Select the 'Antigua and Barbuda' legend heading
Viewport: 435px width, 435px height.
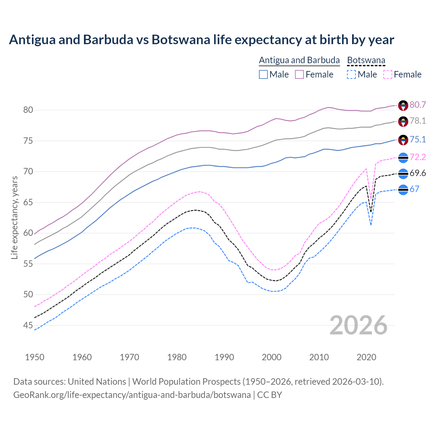[x=299, y=60]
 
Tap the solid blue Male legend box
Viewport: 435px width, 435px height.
[x=263, y=74]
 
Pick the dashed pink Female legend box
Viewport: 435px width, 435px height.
[x=387, y=74]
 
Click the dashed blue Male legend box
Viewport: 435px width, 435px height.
[x=351, y=74]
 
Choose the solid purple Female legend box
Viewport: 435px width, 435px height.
[x=299, y=74]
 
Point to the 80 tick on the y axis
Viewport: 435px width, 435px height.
[x=28, y=110]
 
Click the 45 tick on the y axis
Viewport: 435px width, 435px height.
[x=28, y=325]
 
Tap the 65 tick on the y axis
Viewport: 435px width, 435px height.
[x=28, y=202]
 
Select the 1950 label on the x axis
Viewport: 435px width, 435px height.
[x=35, y=357]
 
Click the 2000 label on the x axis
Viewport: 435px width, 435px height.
[x=272, y=357]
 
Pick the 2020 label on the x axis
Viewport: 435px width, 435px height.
[x=366, y=357]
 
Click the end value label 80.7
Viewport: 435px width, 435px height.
[x=418, y=105]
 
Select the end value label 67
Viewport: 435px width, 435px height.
[x=414, y=189]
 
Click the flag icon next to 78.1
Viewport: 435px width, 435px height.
[x=403, y=121]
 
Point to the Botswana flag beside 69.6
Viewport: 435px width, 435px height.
[x=403, y=174]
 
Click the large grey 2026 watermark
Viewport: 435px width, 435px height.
[x=358, y=325]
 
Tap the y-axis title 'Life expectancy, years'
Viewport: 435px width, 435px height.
[x=14, y=217]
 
